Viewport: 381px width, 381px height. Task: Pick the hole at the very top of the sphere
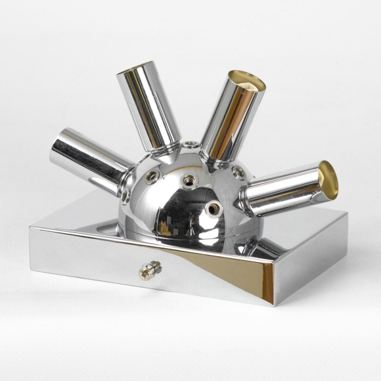191,144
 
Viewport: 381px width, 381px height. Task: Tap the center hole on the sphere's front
190,179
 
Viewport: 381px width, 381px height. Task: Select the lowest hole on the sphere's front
213,209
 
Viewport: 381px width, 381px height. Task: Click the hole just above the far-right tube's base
239,173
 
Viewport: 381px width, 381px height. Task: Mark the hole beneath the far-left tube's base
124,195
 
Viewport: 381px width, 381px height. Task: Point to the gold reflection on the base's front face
263,276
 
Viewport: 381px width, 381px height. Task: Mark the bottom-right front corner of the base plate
275,305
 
